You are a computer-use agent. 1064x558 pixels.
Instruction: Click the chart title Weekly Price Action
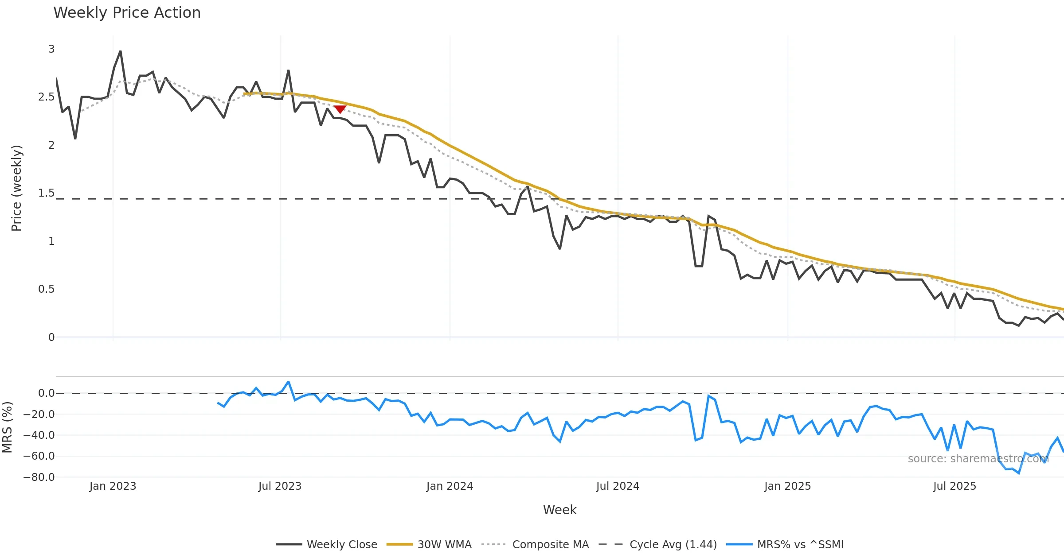(127, 13)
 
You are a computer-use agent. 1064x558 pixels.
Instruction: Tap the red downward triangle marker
(340, 109)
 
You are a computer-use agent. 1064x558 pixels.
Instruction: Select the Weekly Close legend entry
(326, 544)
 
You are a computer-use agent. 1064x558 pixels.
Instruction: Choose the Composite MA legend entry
(535, 544)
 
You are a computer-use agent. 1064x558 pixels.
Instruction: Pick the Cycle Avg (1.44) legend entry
(657, 544)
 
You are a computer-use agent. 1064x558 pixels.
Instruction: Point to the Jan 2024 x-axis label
(450, 486)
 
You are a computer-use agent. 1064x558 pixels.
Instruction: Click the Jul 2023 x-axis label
(280, 486)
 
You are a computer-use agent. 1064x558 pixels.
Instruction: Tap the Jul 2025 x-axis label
(954, 486)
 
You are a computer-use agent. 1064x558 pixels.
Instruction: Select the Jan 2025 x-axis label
(787, 486)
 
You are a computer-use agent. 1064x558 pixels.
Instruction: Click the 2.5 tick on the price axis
(47, 97)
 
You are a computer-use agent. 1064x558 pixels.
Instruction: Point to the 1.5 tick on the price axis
(47, 193)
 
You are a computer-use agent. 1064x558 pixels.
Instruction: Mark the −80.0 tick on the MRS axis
(39, 477)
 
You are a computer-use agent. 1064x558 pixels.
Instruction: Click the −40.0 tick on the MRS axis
(39, 435)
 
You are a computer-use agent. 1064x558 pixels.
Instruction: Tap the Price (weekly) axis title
(16, 188)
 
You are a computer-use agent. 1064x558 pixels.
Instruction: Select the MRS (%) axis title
(7, 427)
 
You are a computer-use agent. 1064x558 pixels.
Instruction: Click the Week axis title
(559, 510)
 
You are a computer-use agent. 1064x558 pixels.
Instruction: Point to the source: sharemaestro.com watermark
(978, 459)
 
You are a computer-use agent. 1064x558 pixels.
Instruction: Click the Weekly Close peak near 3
(120, 52)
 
